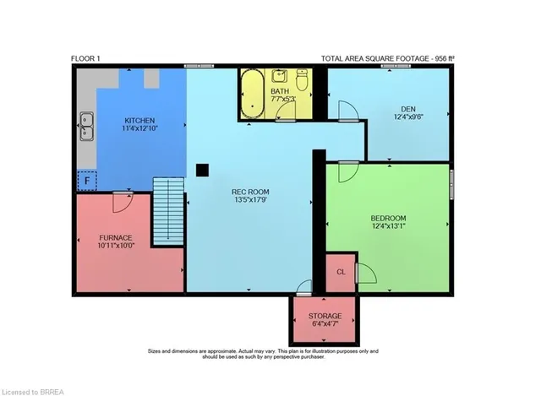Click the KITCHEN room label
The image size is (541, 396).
point(139,121)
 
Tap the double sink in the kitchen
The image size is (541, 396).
point(86,127)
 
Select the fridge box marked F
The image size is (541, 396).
point(87,181)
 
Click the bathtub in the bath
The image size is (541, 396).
point(252,94)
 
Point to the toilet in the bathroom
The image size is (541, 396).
point(302,79)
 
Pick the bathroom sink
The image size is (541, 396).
point(280,76)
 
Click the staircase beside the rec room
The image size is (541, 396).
point(168,211)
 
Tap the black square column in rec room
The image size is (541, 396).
point(202,171)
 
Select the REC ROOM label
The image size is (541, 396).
point(250,192)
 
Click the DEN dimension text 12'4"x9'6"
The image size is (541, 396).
point(408,117)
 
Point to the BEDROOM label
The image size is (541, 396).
point(388,218)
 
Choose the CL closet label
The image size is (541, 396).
point(341,272)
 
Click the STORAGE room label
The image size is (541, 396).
point(325,316)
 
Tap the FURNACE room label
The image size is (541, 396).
point(116,238)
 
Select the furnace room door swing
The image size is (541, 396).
point(123,202)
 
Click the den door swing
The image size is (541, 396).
point(348,111)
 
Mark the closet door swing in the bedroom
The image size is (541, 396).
point(366,273)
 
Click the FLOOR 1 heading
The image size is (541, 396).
point(85,58)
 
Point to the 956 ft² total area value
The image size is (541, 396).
point(445,58)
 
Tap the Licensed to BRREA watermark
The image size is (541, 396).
point(33,393)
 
